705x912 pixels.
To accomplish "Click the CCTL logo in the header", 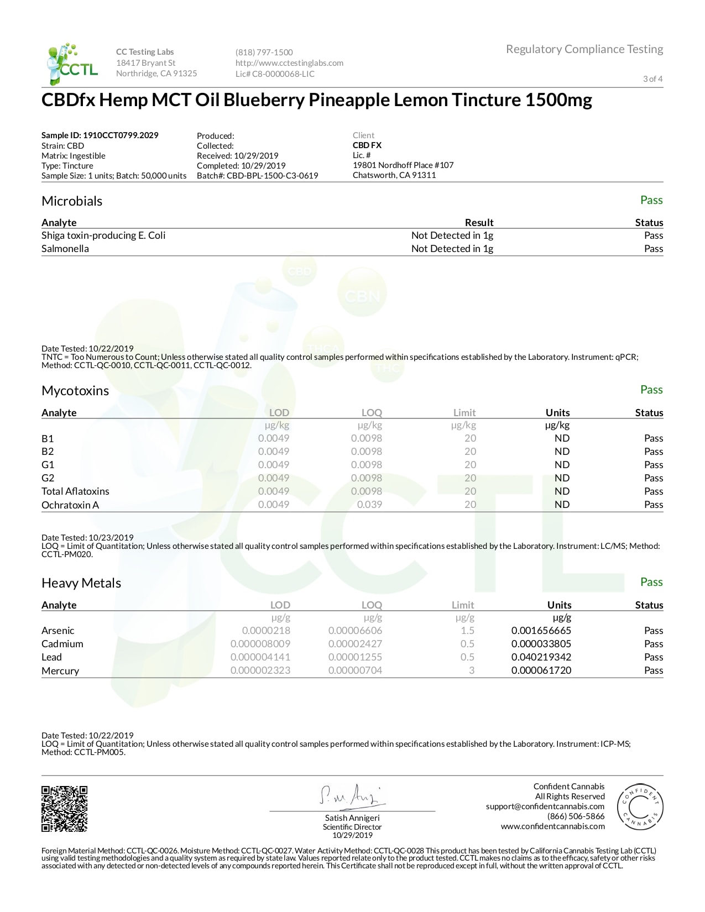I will click(72, 64).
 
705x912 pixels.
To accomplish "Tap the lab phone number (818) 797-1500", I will click(264, 53).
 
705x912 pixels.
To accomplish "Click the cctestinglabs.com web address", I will click(289, 63).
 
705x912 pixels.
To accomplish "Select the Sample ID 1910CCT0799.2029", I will click(100, 135).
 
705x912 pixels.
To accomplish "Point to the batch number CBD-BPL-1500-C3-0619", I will click(272, 176).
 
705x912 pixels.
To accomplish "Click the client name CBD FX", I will click(367, 145).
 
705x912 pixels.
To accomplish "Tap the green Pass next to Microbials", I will click(651, 200).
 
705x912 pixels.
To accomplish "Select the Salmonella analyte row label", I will click(65, 249).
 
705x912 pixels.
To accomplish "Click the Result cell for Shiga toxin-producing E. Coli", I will click(452, 235).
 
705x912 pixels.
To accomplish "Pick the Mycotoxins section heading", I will click(75, 391).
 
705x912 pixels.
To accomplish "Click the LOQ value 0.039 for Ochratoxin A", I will click(369, 505).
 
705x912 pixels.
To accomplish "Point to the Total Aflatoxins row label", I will click(75, 491).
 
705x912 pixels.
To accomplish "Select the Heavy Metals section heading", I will click(81, 583).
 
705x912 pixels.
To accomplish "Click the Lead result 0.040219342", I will click(541, 657).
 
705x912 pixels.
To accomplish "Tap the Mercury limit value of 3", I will click(471, 670).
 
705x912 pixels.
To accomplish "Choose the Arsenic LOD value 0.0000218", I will click(266, 631).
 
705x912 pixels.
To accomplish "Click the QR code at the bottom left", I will click(65, 809).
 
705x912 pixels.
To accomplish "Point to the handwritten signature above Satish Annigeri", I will click(351, 795).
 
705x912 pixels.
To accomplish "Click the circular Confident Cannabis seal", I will click(640, 806).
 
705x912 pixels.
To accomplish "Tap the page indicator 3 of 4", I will click(652, 79).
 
